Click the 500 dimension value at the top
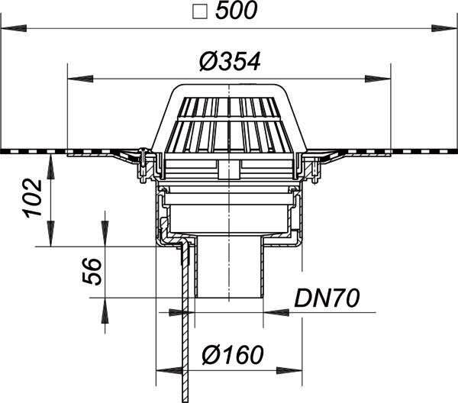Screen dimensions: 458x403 [237, 10]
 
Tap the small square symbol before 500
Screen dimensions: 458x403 [200, 11]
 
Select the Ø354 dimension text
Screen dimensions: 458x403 [230, 62]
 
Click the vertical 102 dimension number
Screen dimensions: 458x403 [33, 198]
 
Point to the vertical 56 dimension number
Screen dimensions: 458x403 [92, 271]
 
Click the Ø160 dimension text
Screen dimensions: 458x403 [233, 355]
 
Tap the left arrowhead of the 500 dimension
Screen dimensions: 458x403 [14, 28]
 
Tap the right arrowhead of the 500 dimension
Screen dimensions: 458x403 [444, 28]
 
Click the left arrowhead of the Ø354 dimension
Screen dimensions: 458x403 [80, 79]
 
